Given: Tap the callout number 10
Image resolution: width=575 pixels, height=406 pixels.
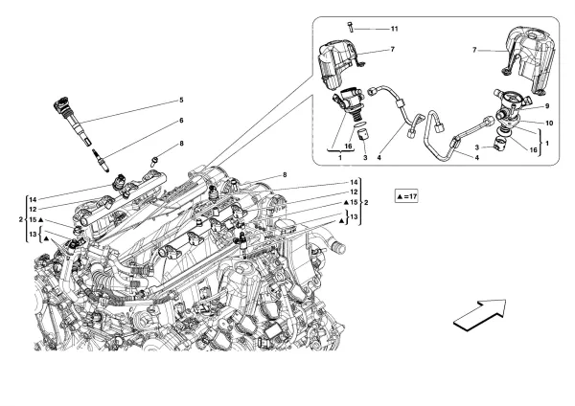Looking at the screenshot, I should (549, 123).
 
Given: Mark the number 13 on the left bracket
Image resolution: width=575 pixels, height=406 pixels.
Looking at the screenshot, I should (33, 235).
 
